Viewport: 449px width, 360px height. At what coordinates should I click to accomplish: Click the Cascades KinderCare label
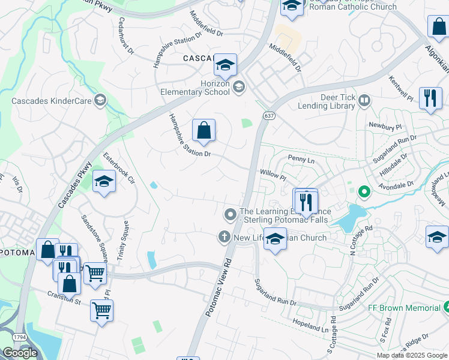tap(50, 100)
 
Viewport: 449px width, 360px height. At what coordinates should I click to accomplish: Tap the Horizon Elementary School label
tap(195, 87)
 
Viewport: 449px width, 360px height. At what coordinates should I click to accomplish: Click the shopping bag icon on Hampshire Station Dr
tap(203, 130)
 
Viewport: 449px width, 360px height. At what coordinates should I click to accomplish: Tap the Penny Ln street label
tap(301, 160)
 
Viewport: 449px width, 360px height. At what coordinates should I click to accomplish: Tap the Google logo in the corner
tap(20, 353)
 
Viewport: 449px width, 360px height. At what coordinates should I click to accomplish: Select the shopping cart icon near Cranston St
tap(101, 311)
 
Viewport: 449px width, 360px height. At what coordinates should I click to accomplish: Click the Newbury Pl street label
tap(385, 127)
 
